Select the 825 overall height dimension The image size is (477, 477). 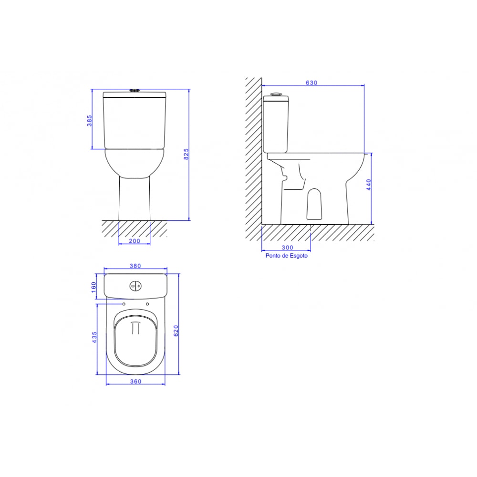click(x=187, y=154)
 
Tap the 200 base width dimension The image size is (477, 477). click(x=135, y=241)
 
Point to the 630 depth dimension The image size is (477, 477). click(x=311, y=83)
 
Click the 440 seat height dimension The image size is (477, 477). click(x=368, y=185)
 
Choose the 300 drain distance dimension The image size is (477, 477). click(x=287, y=248)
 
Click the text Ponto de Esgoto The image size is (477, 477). click(x=286, y=256)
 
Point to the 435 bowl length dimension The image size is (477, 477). click(x=94, y=337)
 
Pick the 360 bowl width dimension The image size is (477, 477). click(x=135, y=381)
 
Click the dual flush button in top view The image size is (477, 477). click(x=135, y=286)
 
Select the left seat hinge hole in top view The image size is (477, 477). click(x=124, y=304)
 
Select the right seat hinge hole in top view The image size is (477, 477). click(x=147, y=304)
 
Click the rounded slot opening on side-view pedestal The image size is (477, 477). click(x=313, y=203)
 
